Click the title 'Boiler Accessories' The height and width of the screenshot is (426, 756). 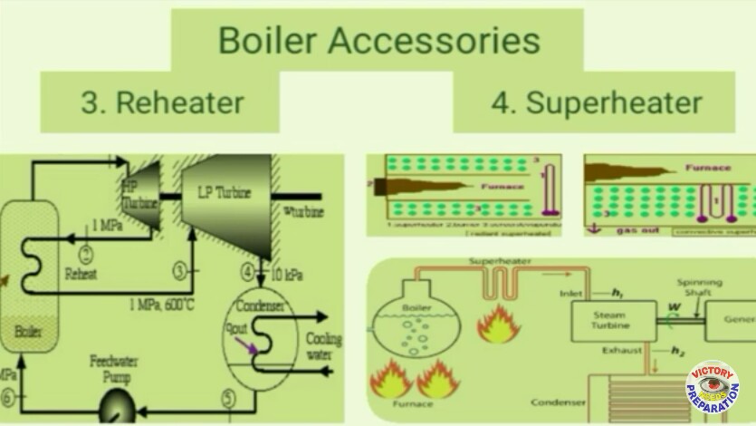click(x=378, y=41)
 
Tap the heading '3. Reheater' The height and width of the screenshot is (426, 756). click(x=162, y=102)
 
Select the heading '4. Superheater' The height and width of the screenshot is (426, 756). click(x=596, y=102)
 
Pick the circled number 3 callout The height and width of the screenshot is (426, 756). click(x=180, y=269)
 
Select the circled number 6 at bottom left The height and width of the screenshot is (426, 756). click(x=8, y=397)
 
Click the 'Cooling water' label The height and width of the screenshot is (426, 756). click(x=323, y=347)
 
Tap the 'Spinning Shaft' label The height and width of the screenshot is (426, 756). click(x=705, y=288)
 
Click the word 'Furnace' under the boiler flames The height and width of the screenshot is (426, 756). click(x=415, y=405)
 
